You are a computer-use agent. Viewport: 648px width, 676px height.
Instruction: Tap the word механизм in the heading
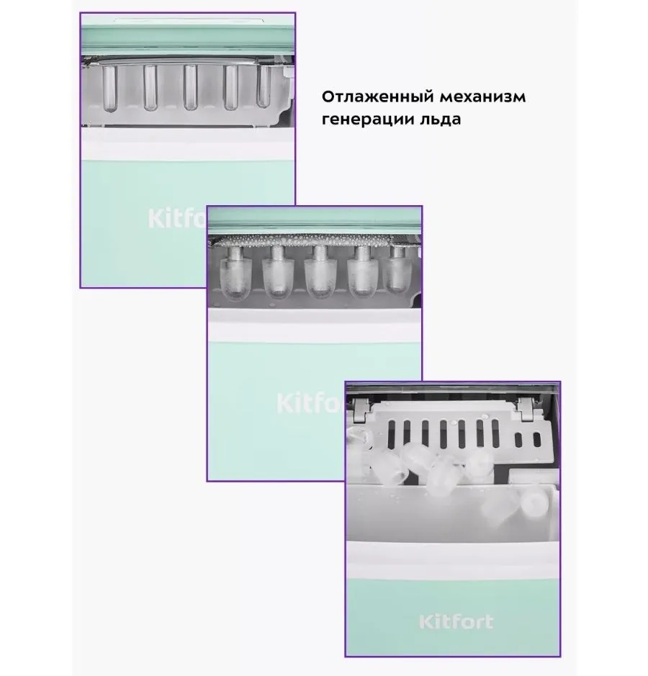(483, 97)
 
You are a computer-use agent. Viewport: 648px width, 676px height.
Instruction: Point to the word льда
(439, 119)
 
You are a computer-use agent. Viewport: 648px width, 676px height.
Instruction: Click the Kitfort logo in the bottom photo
(456, 622)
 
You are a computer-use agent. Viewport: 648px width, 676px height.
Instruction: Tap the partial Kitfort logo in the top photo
(177, 219)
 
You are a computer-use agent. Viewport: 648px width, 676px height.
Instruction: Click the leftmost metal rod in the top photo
(109, 89)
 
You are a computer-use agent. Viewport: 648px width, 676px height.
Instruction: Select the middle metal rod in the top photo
(190, 88)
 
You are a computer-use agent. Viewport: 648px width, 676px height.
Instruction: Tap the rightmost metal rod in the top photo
(264, 86)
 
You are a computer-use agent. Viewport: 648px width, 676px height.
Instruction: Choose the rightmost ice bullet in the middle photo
(397, 269)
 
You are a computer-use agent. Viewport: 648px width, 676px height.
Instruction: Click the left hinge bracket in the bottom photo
(361, 410)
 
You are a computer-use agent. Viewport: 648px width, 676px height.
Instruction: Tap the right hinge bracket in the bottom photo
(526, 409)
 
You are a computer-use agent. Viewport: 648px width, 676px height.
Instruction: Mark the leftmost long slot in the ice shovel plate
(392, 433)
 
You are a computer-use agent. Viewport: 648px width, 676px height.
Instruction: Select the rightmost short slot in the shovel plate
(537, 440)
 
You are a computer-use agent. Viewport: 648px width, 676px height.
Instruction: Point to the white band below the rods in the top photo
(188, 145)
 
